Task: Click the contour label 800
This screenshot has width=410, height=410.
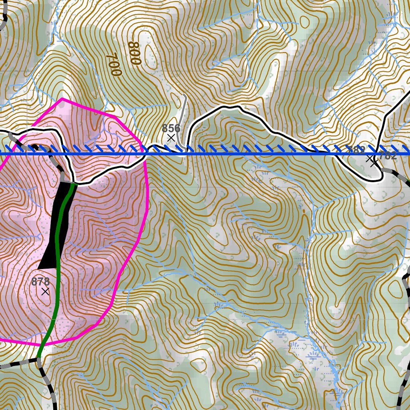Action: (135, 53)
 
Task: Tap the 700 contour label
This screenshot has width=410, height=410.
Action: (114, 64)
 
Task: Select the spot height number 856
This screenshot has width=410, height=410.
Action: (171, 129)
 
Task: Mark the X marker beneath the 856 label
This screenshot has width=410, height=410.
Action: (171, 138)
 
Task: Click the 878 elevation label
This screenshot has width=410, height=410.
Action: (40, 282)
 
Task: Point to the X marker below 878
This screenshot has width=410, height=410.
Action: (45, 291)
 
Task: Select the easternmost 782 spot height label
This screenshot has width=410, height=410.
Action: (388, 156)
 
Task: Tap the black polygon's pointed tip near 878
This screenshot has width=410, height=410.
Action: (40, 268)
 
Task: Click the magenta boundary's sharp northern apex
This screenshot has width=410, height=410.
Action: (62, 98)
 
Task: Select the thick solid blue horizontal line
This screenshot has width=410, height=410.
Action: (240, 153)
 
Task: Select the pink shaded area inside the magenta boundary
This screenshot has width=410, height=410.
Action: (100, 224)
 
